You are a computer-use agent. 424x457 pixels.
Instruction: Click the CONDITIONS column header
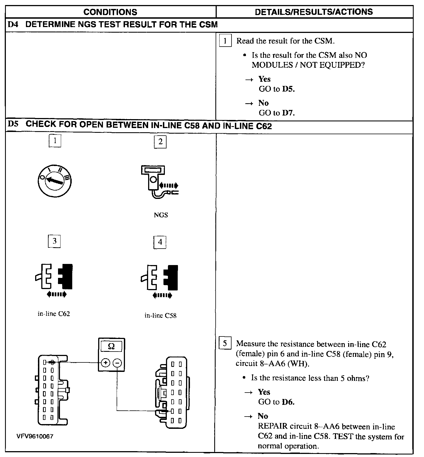(110, 12)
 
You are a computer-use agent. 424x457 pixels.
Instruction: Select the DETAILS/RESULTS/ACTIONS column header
(314, 12)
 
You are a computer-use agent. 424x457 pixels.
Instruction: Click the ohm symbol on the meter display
(111, 346)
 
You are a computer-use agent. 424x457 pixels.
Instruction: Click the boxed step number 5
(225, 343)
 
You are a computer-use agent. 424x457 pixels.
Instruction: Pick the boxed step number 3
(54, 241)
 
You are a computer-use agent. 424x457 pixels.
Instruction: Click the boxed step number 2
(160, 142)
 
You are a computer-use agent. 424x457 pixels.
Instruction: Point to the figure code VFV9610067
(35, 436)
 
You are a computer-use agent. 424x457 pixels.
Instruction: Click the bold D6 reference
(288, 402)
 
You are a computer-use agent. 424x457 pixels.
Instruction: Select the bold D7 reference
(288, 113)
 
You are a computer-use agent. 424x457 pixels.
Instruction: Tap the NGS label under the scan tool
(161, 215)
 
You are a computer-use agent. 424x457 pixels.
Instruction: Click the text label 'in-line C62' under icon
(54, 314)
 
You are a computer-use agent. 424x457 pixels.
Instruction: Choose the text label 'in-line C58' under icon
(160, 316)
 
